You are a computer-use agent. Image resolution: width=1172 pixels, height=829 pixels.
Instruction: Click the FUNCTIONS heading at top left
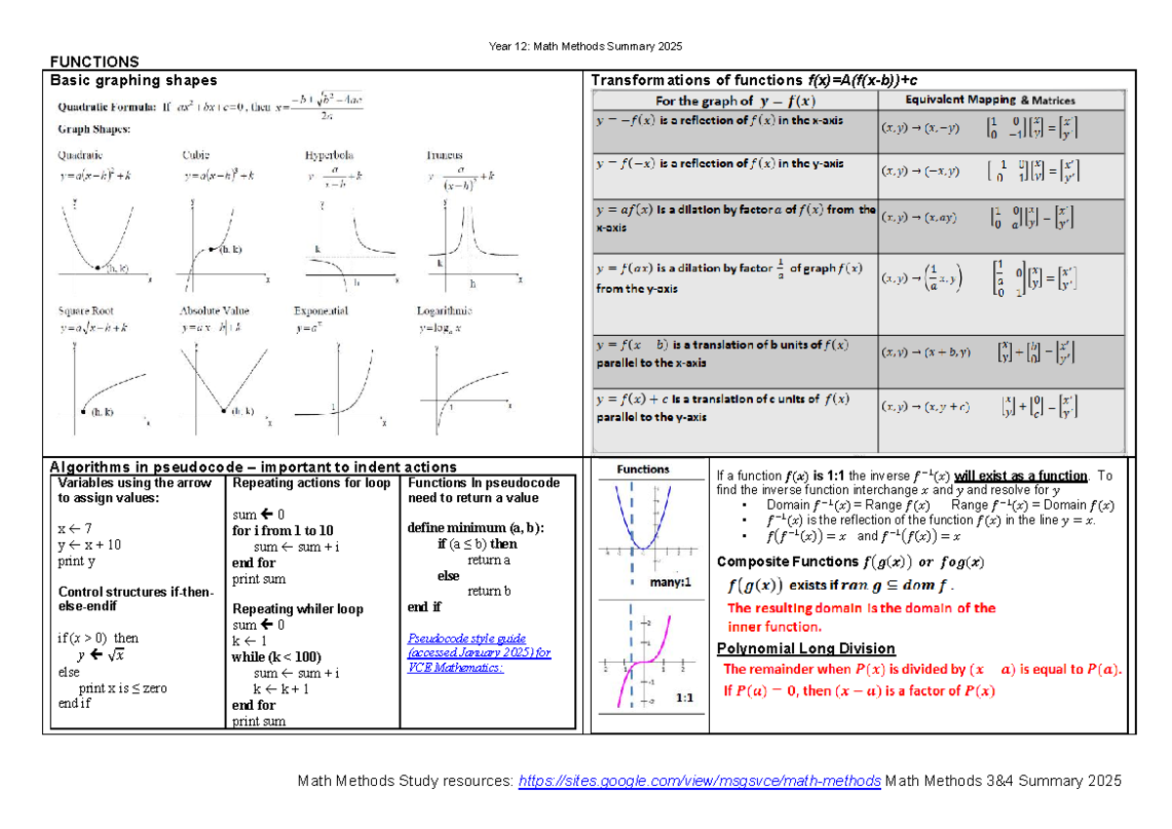tap(94, 62)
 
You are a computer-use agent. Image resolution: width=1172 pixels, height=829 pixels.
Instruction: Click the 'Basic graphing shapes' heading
tap(134, 80)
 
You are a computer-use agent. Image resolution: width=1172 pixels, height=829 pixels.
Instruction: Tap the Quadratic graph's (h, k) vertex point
tap(98, 267)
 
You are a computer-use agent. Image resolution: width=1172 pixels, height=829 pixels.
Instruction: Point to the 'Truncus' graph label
tap(444, 155)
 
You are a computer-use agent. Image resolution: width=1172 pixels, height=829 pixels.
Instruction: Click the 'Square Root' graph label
tap(85, 311)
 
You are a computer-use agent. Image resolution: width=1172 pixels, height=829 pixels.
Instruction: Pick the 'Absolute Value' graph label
tap(215, 311)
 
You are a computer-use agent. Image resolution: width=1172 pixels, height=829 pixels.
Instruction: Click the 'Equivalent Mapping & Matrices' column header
tap(990, 100)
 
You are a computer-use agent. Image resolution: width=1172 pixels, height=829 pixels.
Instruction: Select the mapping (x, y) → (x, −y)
tap(919, 127)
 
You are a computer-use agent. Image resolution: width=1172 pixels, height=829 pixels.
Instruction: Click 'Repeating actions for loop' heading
tap(311, 482)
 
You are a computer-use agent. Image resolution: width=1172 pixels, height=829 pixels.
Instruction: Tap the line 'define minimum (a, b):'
tap(476, 528)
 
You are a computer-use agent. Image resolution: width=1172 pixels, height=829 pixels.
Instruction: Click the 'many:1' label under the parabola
tap(669, 583)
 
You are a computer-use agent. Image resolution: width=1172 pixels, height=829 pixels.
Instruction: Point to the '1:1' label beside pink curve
tap(684, 699)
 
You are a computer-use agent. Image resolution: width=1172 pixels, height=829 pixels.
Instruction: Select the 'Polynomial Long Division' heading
tap(806, 648)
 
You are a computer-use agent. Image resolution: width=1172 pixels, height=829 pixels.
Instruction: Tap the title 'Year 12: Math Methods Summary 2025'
tap(586, 47)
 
